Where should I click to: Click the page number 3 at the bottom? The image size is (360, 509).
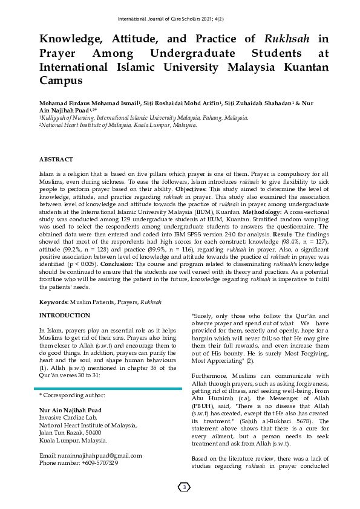[x=185, y=487]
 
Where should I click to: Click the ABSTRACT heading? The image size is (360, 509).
[x=56, y=160]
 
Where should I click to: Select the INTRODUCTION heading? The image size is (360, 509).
[x=65, y=316]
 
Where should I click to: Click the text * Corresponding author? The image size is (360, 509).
[x=72, y=395]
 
